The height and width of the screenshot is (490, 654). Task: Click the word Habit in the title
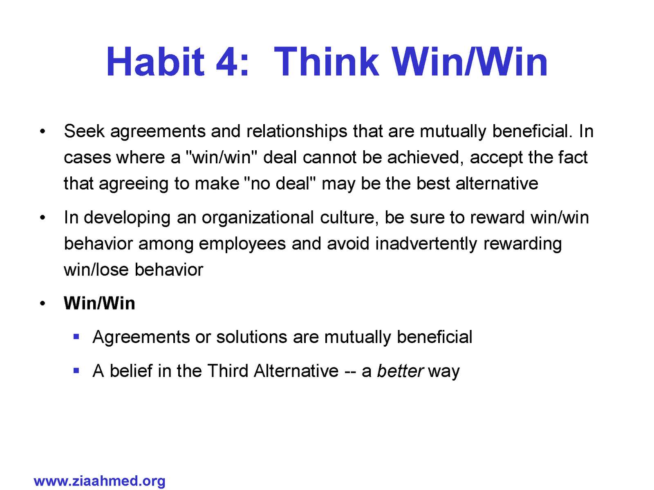tap(155, 62)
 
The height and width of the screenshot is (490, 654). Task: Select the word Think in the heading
tap(327, 62)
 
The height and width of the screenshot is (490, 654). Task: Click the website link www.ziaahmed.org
tap(99, 481)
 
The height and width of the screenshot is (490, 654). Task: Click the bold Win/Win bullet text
tap(99, 303)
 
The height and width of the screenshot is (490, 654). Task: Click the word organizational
tap(258, 218)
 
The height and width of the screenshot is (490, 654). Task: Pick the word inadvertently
tap(426, 244)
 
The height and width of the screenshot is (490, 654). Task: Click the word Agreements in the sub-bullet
tap(141, 337)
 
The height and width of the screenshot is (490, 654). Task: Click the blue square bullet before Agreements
tap(76, 336)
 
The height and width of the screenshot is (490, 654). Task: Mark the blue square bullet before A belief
tap(76, 370)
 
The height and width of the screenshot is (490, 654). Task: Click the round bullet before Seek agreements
tap(43, 131)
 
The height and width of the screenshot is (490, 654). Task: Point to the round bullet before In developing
tap(43, 218)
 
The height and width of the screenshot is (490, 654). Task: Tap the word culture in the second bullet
tap(349, 218)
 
